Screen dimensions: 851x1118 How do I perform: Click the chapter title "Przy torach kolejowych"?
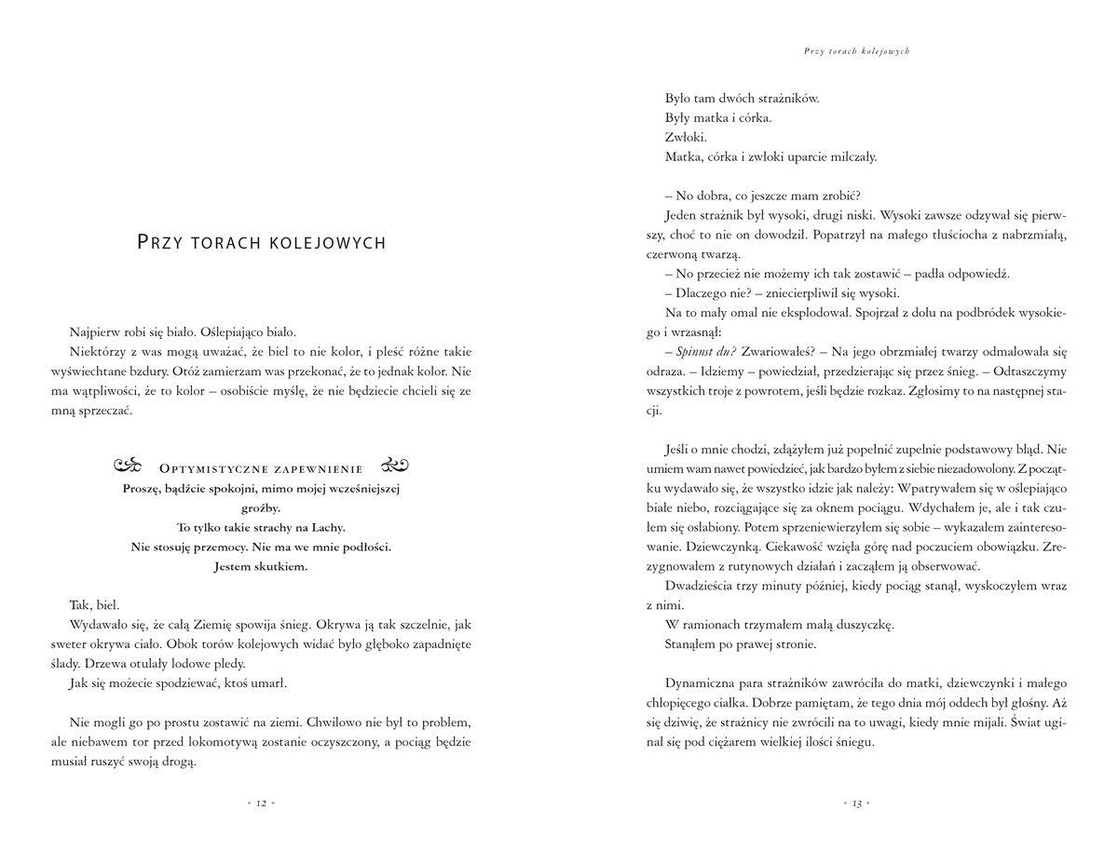click(261, 243)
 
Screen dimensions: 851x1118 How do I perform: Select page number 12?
click(262, 803)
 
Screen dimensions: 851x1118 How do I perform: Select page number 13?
click(856, 803)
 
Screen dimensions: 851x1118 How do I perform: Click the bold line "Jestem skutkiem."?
click(261, 566)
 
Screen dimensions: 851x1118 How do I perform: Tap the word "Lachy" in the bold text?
click(323, 527)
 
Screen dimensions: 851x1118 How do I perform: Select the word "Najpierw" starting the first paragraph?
click(94, 331)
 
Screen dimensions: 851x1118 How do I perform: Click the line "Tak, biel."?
click(94, 604)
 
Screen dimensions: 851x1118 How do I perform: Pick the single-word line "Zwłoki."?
click(687, 138)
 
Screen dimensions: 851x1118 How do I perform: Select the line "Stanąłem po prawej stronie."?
click(741, 642)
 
